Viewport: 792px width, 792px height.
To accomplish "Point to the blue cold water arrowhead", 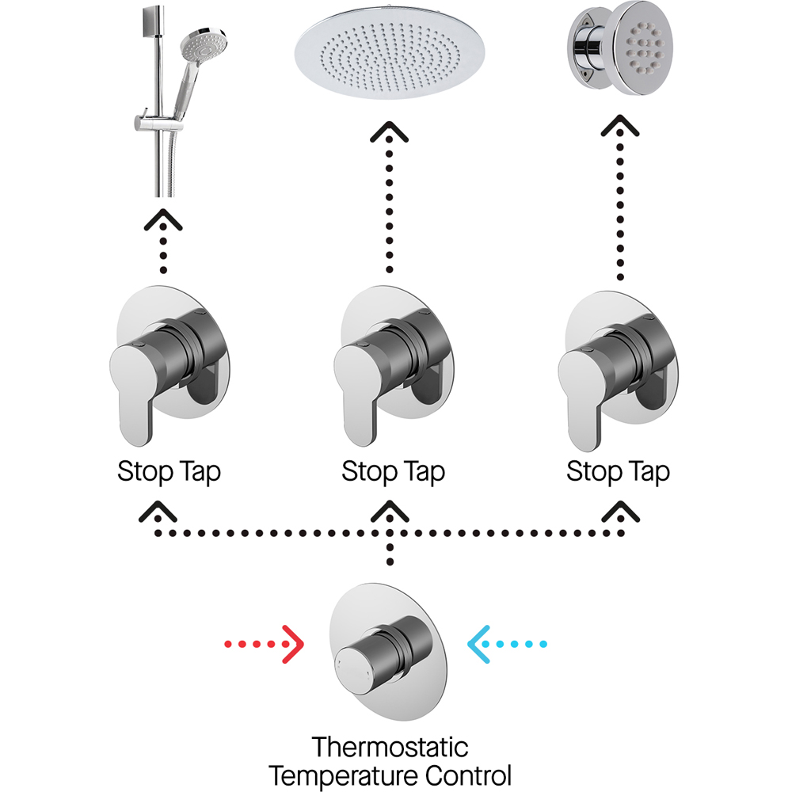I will pos(480,645).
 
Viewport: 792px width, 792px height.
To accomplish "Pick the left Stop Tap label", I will pos(169,473).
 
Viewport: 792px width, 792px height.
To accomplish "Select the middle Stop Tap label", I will pos(393,473).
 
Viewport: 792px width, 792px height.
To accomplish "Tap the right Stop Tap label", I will pos(618,473).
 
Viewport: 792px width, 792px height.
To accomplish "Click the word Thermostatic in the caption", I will pos(390,747).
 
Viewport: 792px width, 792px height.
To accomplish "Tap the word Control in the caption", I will pos(467,774).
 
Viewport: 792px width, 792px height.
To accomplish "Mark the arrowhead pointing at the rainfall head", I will pos(390,134).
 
